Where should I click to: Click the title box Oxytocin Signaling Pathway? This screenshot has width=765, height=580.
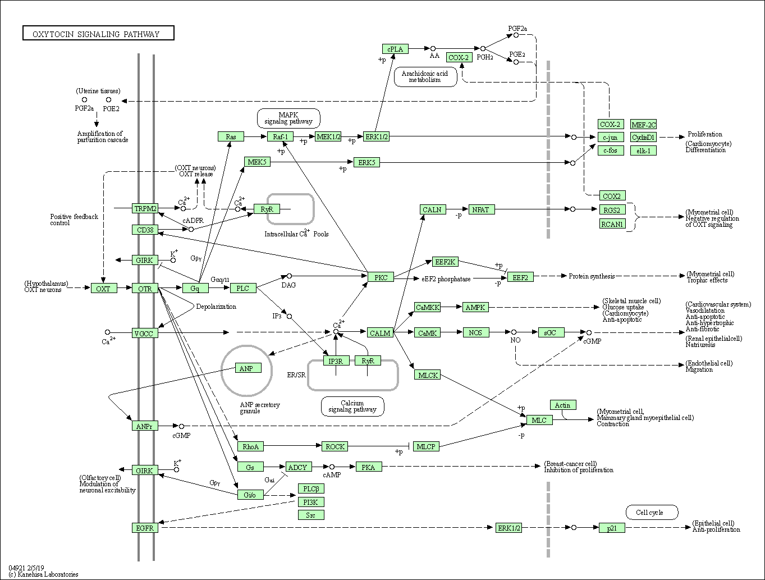click(98, 34)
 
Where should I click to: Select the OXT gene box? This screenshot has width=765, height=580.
click(103, 289)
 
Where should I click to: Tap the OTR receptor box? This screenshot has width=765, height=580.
click(145, 289)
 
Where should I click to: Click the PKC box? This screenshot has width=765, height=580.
click(381, 277)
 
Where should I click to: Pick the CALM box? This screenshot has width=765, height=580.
click(380, 333)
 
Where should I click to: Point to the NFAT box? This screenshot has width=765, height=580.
click(480, 209)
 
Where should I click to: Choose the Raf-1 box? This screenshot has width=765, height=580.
click(281, 136)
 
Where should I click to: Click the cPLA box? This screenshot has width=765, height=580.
click(395, 49)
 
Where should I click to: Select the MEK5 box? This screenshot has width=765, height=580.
click(258, 162)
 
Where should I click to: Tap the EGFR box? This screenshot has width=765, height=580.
click(145, 528)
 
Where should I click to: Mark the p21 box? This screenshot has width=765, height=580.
click(612, 528)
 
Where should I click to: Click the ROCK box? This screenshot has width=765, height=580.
click(335, 446)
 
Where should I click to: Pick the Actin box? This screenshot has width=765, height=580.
click(563, 405)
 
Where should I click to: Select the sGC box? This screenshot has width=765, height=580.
click(551, 332)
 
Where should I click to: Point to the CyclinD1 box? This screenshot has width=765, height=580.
click(643, 137)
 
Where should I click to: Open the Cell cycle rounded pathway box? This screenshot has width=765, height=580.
click(652, 512)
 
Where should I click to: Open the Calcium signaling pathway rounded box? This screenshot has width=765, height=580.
click(352, 406)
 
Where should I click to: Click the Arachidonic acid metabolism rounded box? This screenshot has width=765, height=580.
click(425, 76)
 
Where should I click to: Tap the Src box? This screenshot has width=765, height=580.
click(311, 515)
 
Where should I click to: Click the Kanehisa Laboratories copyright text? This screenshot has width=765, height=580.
click(43, 574)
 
